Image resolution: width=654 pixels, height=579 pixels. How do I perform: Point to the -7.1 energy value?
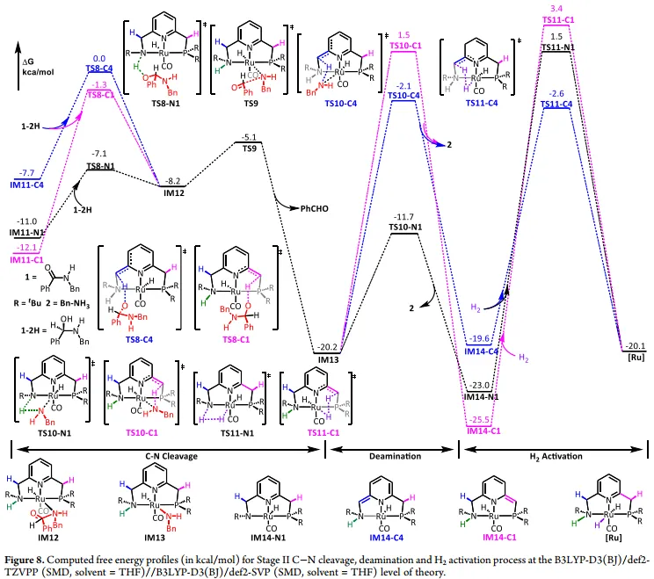pyautogui.click(x=99, y=153)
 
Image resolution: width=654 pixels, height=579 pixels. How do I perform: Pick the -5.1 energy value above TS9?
pyautogui.click(x=249, y=137)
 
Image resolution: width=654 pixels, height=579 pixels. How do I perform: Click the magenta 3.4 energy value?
pyautogui.click(x=556, y=9)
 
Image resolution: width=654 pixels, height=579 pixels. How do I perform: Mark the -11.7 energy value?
pyautogui.click(x=406, y=215)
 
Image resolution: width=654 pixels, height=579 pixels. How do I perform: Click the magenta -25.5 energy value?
pyautogui.click(x=479, y=418)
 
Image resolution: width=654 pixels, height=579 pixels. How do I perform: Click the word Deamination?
pyautogui.click(x=392, y=457)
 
